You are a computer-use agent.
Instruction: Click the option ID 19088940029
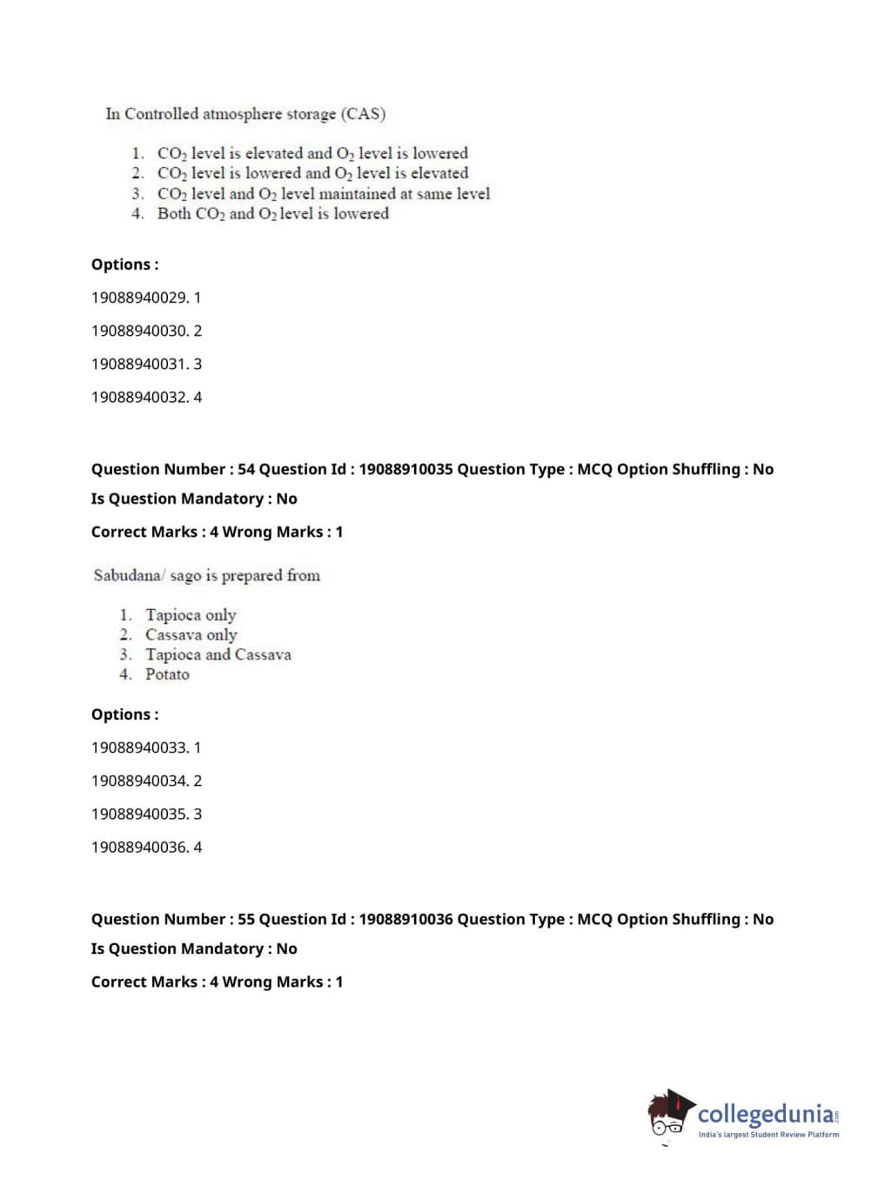(x=139, y=298)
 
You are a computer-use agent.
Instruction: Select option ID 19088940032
(x=139, y=397)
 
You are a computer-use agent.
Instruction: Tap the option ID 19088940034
(x=139, y=781)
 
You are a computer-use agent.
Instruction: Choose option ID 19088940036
(x=139, y=847)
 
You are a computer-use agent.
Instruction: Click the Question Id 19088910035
(x=405, y=469)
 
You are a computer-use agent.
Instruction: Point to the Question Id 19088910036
(x=405, y=919)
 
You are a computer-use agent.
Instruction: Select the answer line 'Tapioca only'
(x=191, y=615)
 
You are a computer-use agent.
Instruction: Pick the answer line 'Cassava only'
(x=191, y=635)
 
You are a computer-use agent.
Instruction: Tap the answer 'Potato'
(x=167, y=674)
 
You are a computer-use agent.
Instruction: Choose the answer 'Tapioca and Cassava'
(x=218, y=654)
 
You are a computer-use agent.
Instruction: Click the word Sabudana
(x=127, y=575)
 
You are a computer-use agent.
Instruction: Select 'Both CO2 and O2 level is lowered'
(x=272, y=214)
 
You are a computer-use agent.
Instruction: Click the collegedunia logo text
(x=765, y=1114)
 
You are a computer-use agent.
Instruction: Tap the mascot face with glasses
(x=667, y=1122)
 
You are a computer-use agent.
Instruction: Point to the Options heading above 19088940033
(x=124, y=714)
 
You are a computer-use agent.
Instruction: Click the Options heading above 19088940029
(x=124, y=265)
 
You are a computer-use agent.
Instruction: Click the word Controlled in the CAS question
(x=161, y=114)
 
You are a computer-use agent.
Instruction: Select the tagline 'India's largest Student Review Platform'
(x=768, y=1135)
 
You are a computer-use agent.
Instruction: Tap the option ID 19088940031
(x=139, y=364)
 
